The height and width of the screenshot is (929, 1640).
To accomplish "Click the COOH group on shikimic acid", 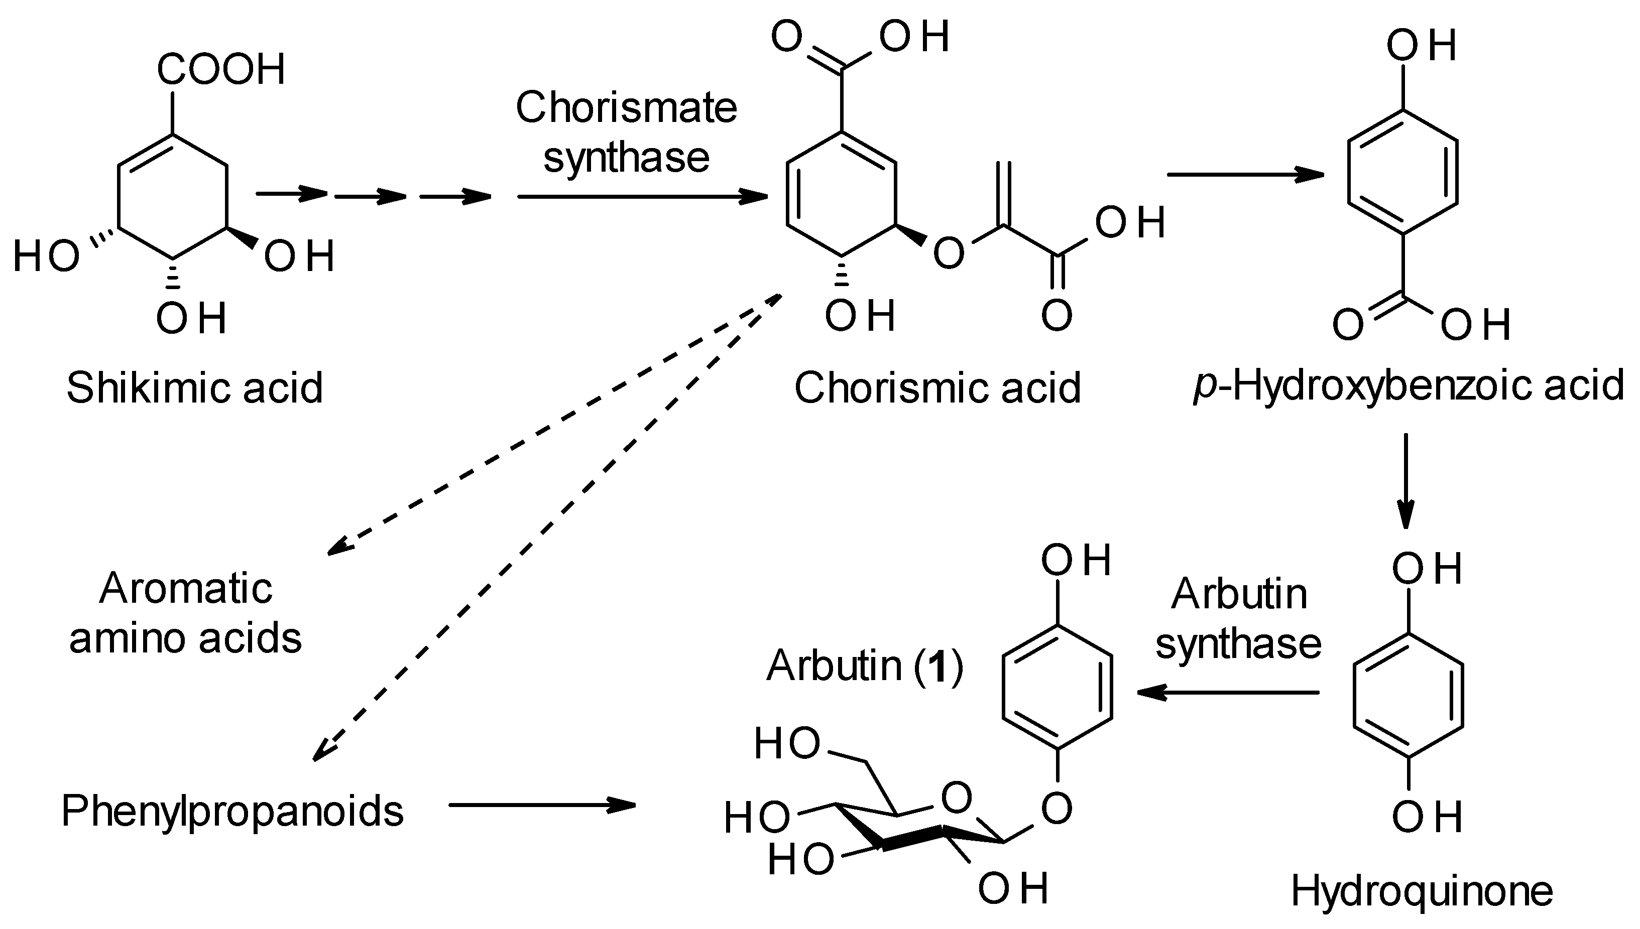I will point(221,69).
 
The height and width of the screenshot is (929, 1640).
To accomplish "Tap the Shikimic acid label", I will point(195,388).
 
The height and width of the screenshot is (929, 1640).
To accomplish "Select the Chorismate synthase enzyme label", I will point(626,132).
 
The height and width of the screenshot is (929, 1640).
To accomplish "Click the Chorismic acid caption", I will point(937,388).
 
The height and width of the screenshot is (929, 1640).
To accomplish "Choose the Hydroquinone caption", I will point(1422,891).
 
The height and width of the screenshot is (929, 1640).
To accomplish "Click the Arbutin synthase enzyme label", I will point(1238,618).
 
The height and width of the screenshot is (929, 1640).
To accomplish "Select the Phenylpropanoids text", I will point(232,812).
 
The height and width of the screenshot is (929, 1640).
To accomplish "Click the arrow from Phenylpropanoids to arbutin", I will point(543,805).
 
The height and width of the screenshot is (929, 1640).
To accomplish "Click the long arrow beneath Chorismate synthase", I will point(642,197).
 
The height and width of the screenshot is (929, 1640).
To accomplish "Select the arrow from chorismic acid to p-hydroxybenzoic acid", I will point(1245,174).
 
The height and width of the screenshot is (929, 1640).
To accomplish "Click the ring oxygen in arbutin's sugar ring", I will point(956,798).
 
